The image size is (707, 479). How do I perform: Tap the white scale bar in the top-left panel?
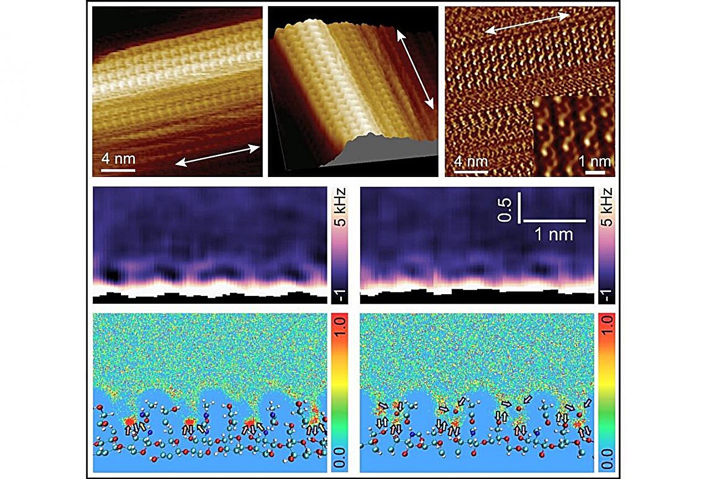[x=118, y=169]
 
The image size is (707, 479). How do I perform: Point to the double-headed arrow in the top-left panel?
[x=218, y=154]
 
